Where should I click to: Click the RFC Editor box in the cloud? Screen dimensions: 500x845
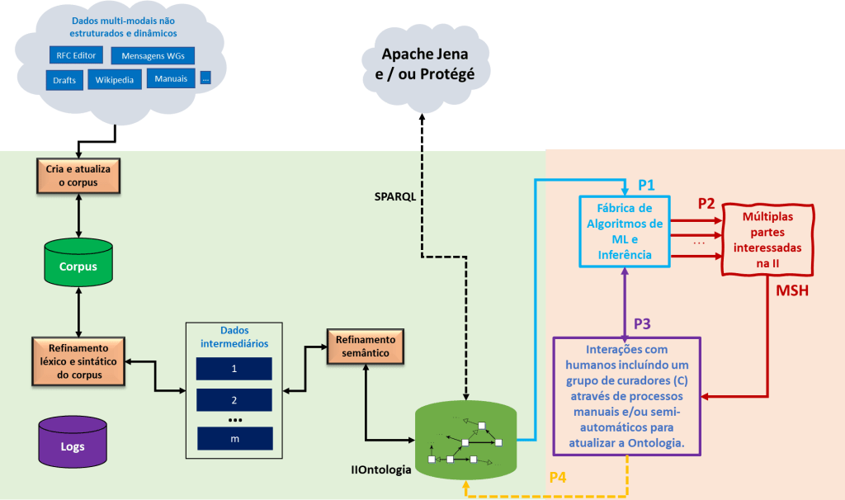click(x=77, y=56)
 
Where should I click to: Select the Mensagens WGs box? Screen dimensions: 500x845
click(x=153, y=57)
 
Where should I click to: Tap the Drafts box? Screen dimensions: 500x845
click(x=64, y=80)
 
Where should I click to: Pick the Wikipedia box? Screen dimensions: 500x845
click(x=114, y=80)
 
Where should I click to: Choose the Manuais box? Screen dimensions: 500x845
click(x=171, y=78)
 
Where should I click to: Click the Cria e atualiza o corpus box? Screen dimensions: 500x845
click(x=78, y=176)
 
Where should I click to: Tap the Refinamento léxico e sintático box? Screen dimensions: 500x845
click(x=78, y=361)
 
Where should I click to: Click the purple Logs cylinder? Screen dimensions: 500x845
click(x=73, y=441)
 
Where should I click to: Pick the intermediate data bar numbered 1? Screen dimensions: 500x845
click(x=234, y=369)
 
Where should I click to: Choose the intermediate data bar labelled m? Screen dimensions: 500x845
click(x=234, y=438)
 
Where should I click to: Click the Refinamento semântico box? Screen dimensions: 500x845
click(x=364, y=347)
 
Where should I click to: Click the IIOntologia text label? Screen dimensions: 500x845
click(x=380, y=470)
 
